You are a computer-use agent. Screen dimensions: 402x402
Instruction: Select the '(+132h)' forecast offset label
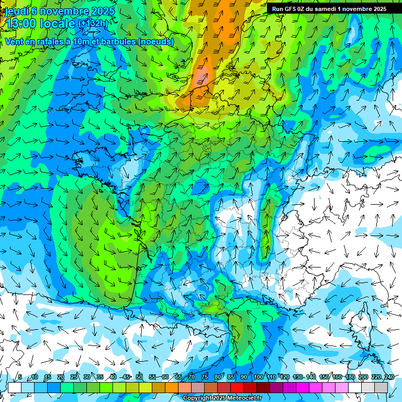coord(93,24)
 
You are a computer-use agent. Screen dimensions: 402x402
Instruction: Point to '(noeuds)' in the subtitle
coord(156,41)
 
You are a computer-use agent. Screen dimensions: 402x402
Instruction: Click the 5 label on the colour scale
coord(20,377)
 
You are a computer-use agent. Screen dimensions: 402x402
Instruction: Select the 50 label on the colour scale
coord(139,377)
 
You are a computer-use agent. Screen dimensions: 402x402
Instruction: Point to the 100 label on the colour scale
coord(258,377)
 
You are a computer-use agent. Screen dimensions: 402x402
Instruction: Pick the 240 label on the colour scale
coord(389,377)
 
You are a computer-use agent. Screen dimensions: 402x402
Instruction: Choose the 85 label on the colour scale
coord(231,377)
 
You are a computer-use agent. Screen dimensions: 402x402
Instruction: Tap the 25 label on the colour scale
coord(73,377)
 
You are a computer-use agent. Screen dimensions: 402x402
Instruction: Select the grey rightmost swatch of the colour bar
coord(381,387)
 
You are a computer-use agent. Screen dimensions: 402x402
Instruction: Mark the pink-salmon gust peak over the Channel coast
coord(201,79)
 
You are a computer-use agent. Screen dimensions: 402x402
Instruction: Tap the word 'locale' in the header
coord(57,24)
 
